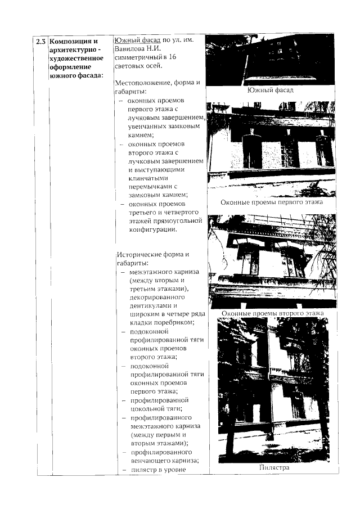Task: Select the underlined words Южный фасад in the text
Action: [x=137, y=40]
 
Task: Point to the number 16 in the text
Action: [x=173, y=57]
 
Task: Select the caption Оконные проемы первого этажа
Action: [x=271, y=202]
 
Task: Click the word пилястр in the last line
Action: [x=145, y=469]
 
